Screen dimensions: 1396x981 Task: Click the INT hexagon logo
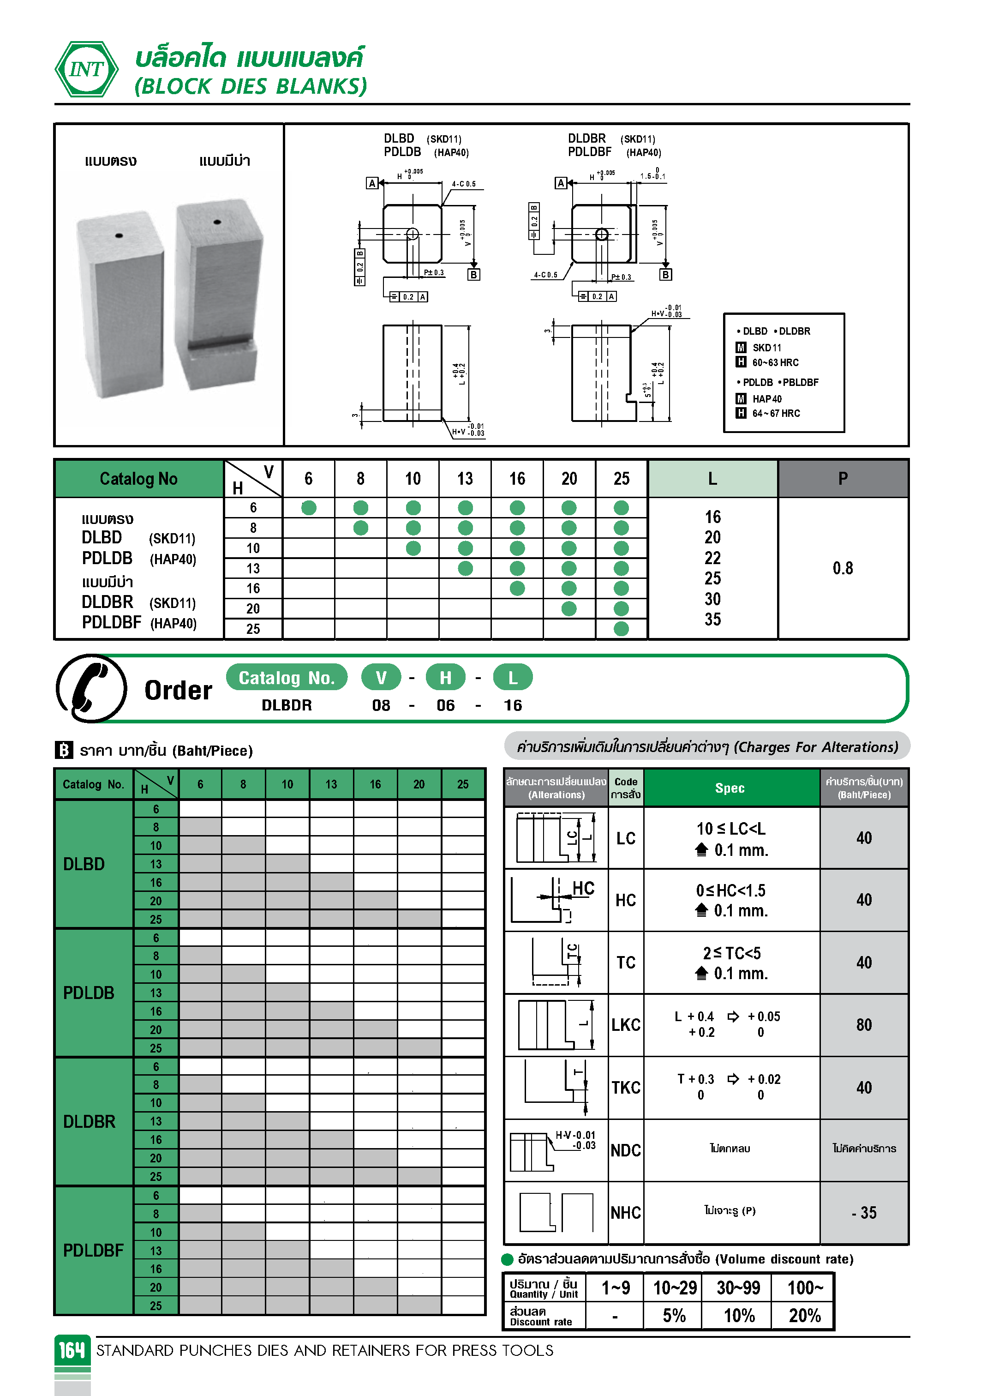click(x=86, y=69)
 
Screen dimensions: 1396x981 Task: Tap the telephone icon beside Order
click(x=91, y=688)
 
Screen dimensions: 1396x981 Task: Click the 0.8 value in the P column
click(x=843, y=568)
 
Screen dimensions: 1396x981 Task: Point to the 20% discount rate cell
click(x=804, y=1316)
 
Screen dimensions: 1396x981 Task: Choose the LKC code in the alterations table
click(x=625, y=1025)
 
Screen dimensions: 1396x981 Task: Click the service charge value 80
click(x=864, y=1025)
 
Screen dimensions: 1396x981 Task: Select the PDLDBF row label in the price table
click(x=93, y=1251)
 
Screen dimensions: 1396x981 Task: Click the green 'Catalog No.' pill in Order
click(x=286, y=677)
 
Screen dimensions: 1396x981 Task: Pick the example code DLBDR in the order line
click(x=286, y=705)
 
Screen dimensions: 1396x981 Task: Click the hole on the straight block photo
click(x=119, y=235)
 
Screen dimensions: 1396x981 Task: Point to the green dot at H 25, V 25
click(x=621, y=629)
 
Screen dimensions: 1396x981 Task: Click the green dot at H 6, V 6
click(x=309, y=508)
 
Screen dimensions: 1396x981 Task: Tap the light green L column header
click(x=712, y=479)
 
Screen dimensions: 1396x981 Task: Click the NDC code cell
click(x=625, y=1150)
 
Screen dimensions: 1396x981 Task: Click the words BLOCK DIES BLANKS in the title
click(x=251, y=86)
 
